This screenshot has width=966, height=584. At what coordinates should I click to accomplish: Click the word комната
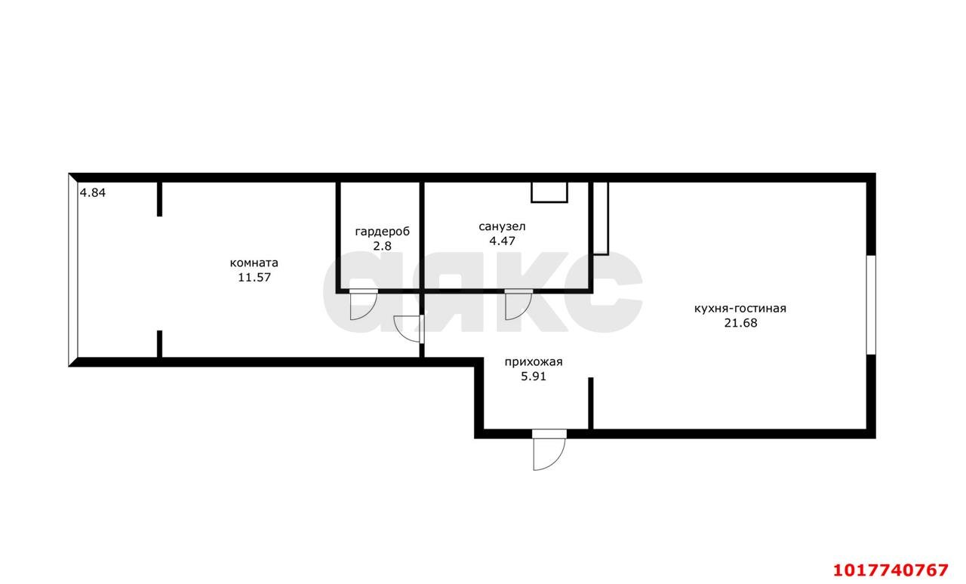[x=254, y=263]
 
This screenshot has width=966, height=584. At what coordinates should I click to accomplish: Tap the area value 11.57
[x=254, y=278]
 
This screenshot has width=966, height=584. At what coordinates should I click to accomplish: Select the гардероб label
[x=382, y=232]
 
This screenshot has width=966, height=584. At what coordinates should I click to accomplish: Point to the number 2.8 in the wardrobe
[x=382, y=246]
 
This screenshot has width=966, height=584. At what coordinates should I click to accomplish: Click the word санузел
[x=502, y=226]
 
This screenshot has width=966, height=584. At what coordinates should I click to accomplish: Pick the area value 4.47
[x=502, y=241]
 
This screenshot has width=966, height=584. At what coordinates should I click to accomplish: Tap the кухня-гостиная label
[x=740, y=309]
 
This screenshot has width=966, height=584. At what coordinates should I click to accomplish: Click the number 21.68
[x=740, y=323]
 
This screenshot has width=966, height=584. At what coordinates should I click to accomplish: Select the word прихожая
[x=534, y=362]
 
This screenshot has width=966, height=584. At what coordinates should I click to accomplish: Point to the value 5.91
[x=534, y=377]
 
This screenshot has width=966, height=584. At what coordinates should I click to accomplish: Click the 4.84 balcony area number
[x=93, y=193]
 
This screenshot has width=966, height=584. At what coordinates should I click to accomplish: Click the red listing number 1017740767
[x=891, y=570]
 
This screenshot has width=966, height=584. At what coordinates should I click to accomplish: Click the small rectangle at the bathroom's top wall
[x=549, y=192]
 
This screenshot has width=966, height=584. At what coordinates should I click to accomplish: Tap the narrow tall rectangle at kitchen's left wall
[x=601, y=218]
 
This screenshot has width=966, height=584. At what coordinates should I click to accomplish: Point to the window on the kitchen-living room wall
[x=871, y=305]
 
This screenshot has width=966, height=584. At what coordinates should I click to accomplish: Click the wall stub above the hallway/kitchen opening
[x=591, y=403]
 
